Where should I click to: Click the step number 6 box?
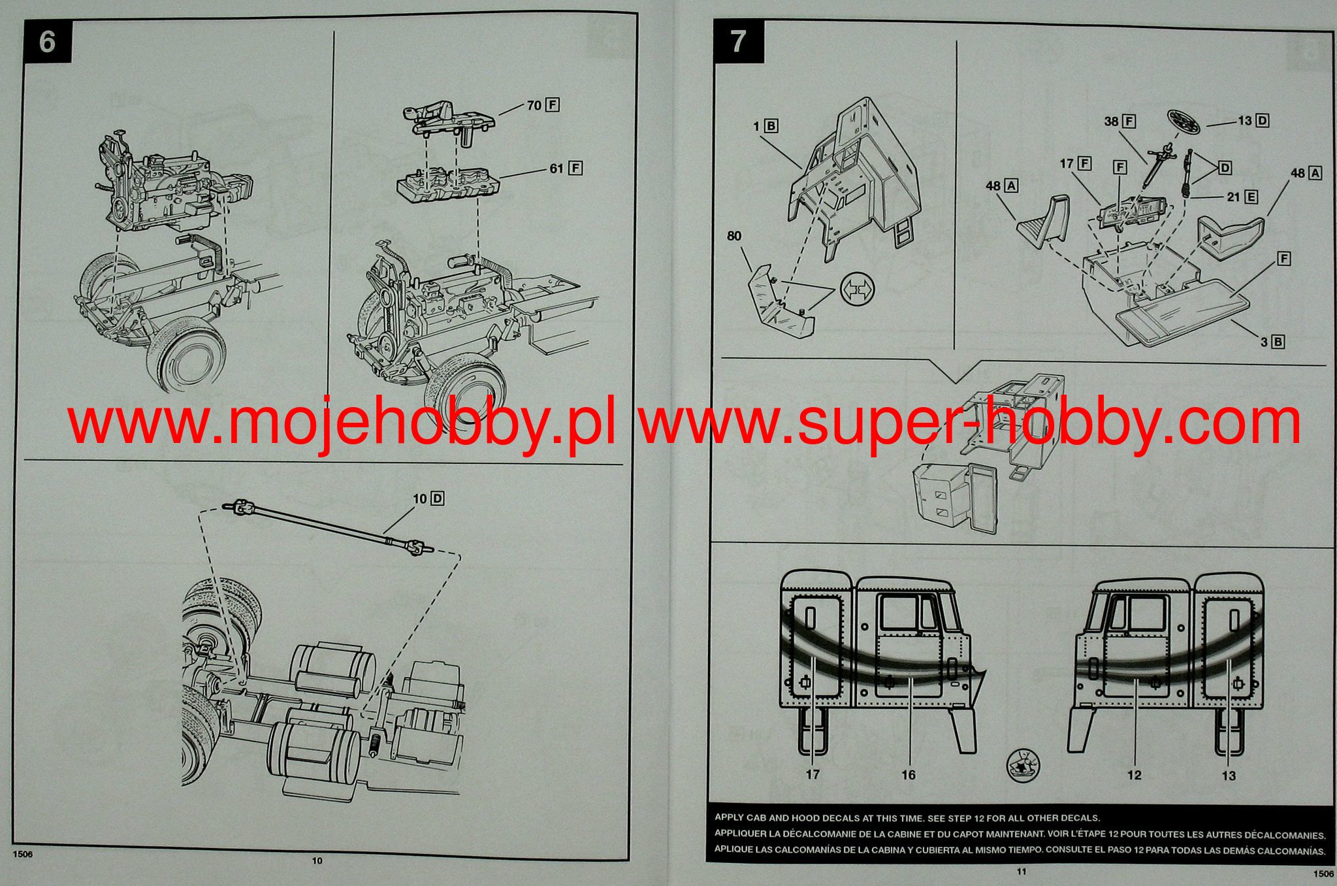47,41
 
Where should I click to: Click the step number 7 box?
738,41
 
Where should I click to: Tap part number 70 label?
543,105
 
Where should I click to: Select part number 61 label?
565,168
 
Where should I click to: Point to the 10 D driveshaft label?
428,499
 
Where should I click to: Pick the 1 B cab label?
765,125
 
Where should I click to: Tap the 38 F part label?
1120,121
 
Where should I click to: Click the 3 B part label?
1272,341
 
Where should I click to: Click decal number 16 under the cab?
908,775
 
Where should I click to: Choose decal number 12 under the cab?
1134,775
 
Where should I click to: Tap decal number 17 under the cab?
812,775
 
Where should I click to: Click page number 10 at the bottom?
317,861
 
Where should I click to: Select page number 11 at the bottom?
1022,871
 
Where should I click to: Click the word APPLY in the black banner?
730,817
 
